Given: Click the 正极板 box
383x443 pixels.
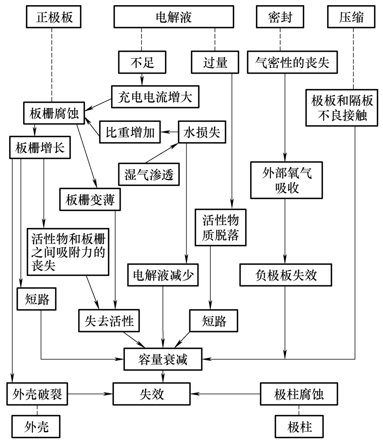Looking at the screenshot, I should pyautogui.click(x=52, y=18).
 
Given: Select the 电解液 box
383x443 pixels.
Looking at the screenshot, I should pyautogui.click(x=173, y=18).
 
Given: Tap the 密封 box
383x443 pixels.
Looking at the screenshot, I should pyautogui.click(x=280, y=18).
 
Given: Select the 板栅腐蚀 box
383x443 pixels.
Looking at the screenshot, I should pyautogui.click(x=53, y=114).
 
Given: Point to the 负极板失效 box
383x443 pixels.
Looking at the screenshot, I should pyautogui.click(x=286, y=275).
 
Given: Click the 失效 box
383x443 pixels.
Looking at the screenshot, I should pyautogui.click(x=149, y=394).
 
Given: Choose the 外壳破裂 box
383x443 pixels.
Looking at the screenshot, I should pyautogui.click(x=36, y=394).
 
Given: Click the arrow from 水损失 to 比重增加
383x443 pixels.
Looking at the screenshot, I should pyautogui.click(x=170, y=132).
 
